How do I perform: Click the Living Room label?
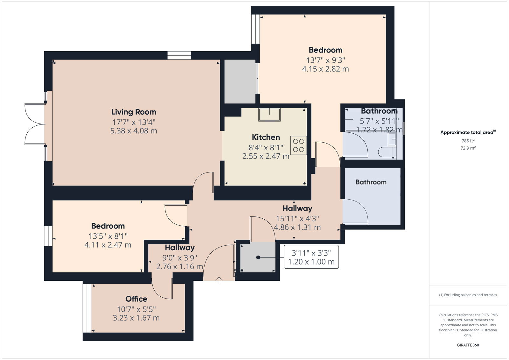coord(134,112)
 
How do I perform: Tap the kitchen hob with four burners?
coord(298,145)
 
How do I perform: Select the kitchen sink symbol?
coord(269,115)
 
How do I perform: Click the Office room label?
coord(136,299)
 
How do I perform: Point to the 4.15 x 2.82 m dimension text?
coord(325,69)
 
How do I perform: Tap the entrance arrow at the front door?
coord(219,280)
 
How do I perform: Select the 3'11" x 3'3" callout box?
coord(311,257)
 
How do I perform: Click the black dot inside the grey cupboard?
coord(258,258)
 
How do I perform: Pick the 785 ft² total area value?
coord(468,141)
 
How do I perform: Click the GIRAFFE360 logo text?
coord(468,345)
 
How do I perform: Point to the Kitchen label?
coord(266,138)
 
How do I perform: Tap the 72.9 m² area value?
coord(468,148)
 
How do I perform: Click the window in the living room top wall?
coord(179,55)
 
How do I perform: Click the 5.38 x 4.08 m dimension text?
coord(134,131)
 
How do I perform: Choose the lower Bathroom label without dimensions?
coord(371,182)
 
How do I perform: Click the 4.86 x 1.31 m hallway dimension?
coord(297,227)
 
